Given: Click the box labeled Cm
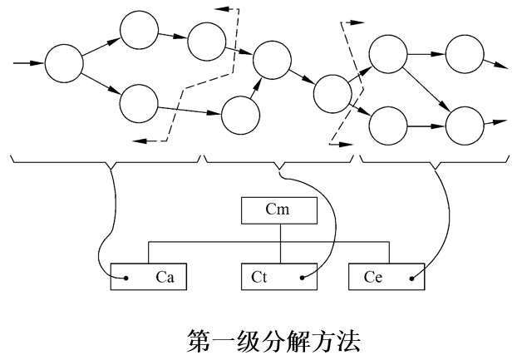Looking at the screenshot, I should [279, 211].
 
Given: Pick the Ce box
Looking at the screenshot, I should [386, 275].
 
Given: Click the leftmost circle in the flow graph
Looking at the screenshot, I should [64, 62].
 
